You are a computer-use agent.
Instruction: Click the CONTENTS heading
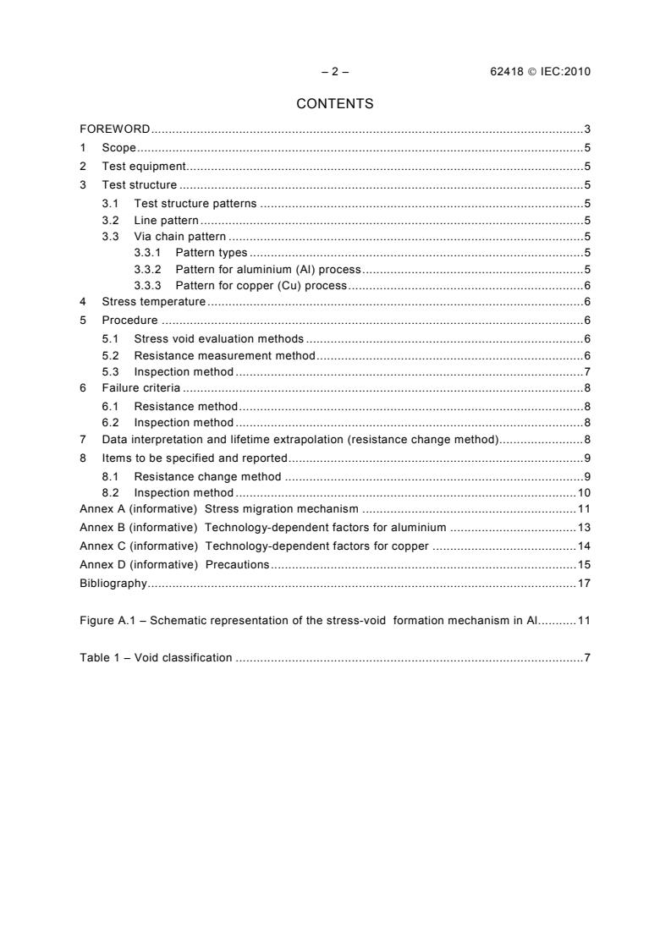click(335, 104)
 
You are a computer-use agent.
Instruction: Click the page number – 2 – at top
click(335, 71)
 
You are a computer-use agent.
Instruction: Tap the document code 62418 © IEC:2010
click(534, 71)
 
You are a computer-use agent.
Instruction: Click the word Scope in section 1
click(118, 148)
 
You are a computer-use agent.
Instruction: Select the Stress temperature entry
click(153, 301)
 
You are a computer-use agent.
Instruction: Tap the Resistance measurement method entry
click(224, 355)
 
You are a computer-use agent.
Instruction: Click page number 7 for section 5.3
click(586, 372)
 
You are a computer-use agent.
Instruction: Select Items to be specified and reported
click(195, 458)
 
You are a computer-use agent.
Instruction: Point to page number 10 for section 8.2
click(584, 492)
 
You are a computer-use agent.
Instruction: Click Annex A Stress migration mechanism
click(219, 509)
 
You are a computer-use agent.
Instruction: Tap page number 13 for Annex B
click(584, 528)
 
